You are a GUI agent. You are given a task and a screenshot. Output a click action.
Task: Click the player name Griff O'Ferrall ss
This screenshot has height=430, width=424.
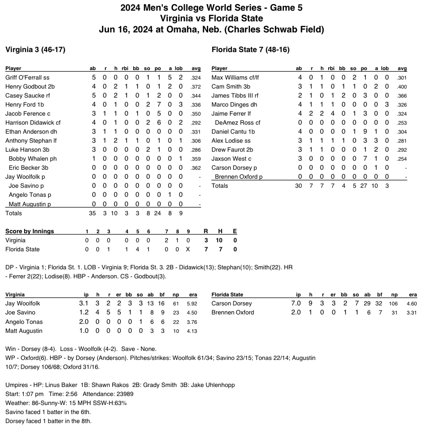[27, 77]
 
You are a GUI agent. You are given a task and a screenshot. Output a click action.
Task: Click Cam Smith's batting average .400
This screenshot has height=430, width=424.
[402, 86]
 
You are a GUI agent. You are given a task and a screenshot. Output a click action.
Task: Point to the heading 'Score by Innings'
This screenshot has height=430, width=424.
[29, 231]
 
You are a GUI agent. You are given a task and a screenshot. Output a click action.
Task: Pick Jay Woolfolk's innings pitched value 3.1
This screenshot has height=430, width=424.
[84, 304]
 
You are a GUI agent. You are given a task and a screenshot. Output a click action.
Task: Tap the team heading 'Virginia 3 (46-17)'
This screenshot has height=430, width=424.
[35, 50]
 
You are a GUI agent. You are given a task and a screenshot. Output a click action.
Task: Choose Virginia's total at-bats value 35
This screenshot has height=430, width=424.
[93, 213]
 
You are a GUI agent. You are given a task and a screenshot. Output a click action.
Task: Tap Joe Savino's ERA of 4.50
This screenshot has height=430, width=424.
[191, 313]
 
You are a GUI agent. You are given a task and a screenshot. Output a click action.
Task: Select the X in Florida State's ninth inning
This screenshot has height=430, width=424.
[188, 249]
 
